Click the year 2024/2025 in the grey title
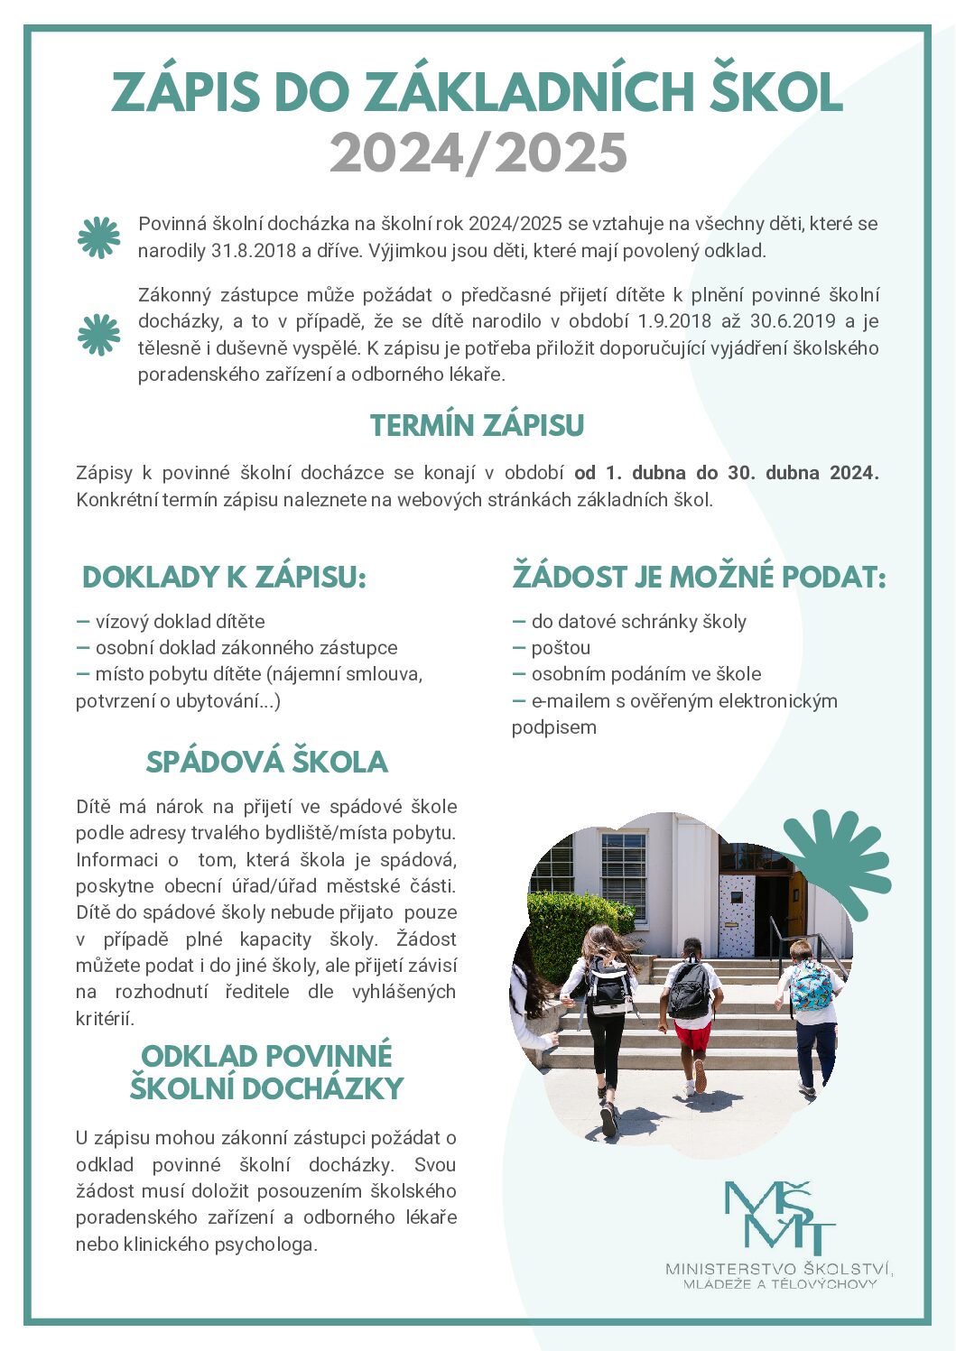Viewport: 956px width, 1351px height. (x=478, y=153)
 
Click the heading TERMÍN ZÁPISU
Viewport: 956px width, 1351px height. (x=477, y=426)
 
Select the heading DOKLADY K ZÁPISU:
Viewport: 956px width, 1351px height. (x=224, y=578)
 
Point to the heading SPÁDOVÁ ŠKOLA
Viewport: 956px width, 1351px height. (x=266, y=763)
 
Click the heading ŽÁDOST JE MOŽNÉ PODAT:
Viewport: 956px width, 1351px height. (x=699, y=578)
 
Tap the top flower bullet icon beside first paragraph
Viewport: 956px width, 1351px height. (x=98, y=237)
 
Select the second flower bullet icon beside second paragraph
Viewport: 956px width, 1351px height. (x=98, y=335)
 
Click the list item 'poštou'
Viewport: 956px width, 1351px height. (x=561, y=648)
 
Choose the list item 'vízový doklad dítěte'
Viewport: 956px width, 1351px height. (x=180, y=622)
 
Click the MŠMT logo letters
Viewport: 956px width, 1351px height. (x=779, y=1216)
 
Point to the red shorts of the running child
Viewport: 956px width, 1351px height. (x=692, y=1034)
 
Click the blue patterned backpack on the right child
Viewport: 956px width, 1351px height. (x=810, y=986)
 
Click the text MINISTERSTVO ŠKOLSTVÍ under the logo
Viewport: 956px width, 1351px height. (x=778, y=1269)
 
